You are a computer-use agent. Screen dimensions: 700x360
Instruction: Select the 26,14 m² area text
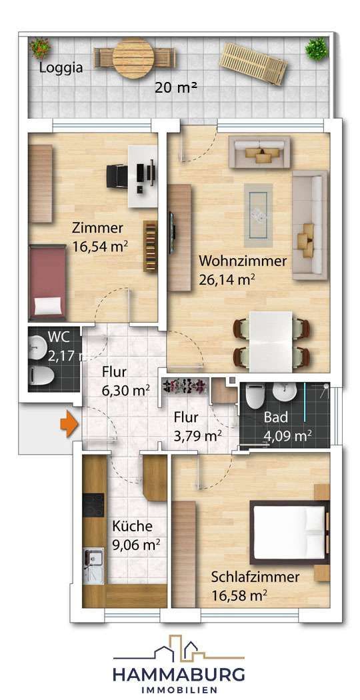click(227, 281)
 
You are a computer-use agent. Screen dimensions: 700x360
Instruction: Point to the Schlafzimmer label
click(255, 577)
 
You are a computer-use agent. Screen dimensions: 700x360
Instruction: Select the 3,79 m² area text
click(197, 437)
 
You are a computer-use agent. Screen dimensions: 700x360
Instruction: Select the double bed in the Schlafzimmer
click(290, 533)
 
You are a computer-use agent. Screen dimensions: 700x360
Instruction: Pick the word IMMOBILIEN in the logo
click(180, 689)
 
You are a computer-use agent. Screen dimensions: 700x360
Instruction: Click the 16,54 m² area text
click(100, 247)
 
